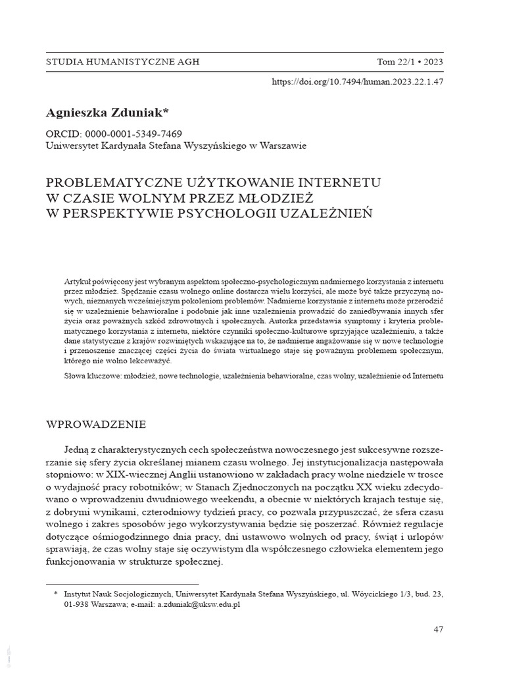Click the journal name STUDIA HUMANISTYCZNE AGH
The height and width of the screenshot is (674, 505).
122,62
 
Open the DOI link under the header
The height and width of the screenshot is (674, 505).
358,83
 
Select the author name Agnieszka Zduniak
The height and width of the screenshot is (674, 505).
108,113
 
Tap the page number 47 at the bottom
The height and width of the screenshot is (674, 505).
439,629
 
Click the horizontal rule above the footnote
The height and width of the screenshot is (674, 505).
122,583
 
